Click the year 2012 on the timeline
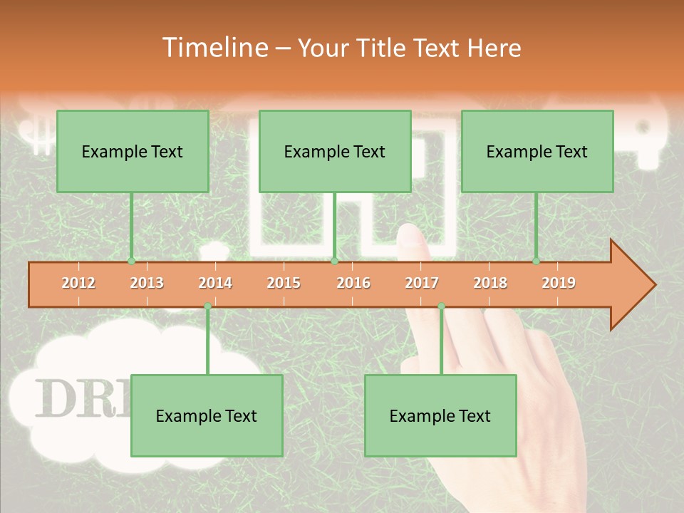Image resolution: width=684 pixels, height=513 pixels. [x=78, y=283]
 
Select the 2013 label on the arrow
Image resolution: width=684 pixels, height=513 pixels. [x=147, y=283]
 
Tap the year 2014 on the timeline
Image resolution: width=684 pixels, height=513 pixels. [x=215, y=283]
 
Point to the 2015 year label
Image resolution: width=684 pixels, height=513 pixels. [x=284, y=283]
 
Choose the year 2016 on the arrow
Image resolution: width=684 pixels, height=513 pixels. [x=353, y=283]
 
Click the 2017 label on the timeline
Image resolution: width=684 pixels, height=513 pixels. [x=422, y=283]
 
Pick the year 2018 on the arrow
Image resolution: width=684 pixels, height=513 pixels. [x=490, y=283]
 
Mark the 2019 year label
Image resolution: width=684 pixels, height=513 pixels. [x=559, y=283]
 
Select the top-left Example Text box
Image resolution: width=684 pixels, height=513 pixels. [x=133, y=151]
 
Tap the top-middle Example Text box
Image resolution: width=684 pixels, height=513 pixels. [x=335, y=151]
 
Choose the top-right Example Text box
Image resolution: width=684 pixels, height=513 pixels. [x=537, y=151]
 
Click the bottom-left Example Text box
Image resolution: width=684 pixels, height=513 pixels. [x=207, y=415]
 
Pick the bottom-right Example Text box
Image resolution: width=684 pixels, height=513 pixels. [x=440, y=415]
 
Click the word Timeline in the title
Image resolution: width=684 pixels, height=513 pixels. [x=213, y=48]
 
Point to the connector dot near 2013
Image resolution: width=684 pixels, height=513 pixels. [x=131, y=261]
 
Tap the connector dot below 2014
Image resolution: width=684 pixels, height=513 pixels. [x=207, y=306]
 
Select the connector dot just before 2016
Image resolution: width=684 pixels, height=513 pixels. [x=334, y=261]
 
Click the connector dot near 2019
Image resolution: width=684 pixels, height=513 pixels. [x=536, y=261]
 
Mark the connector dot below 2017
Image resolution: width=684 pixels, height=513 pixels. [x=441, y=306]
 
